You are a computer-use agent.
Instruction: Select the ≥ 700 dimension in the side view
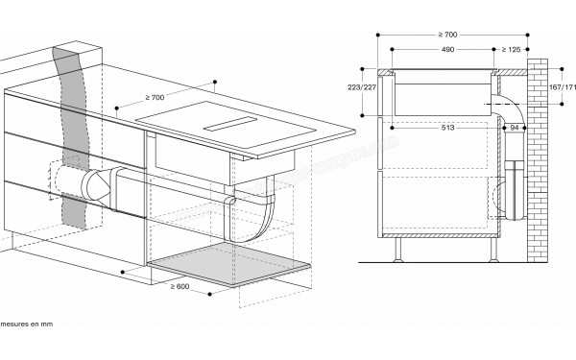445,35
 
